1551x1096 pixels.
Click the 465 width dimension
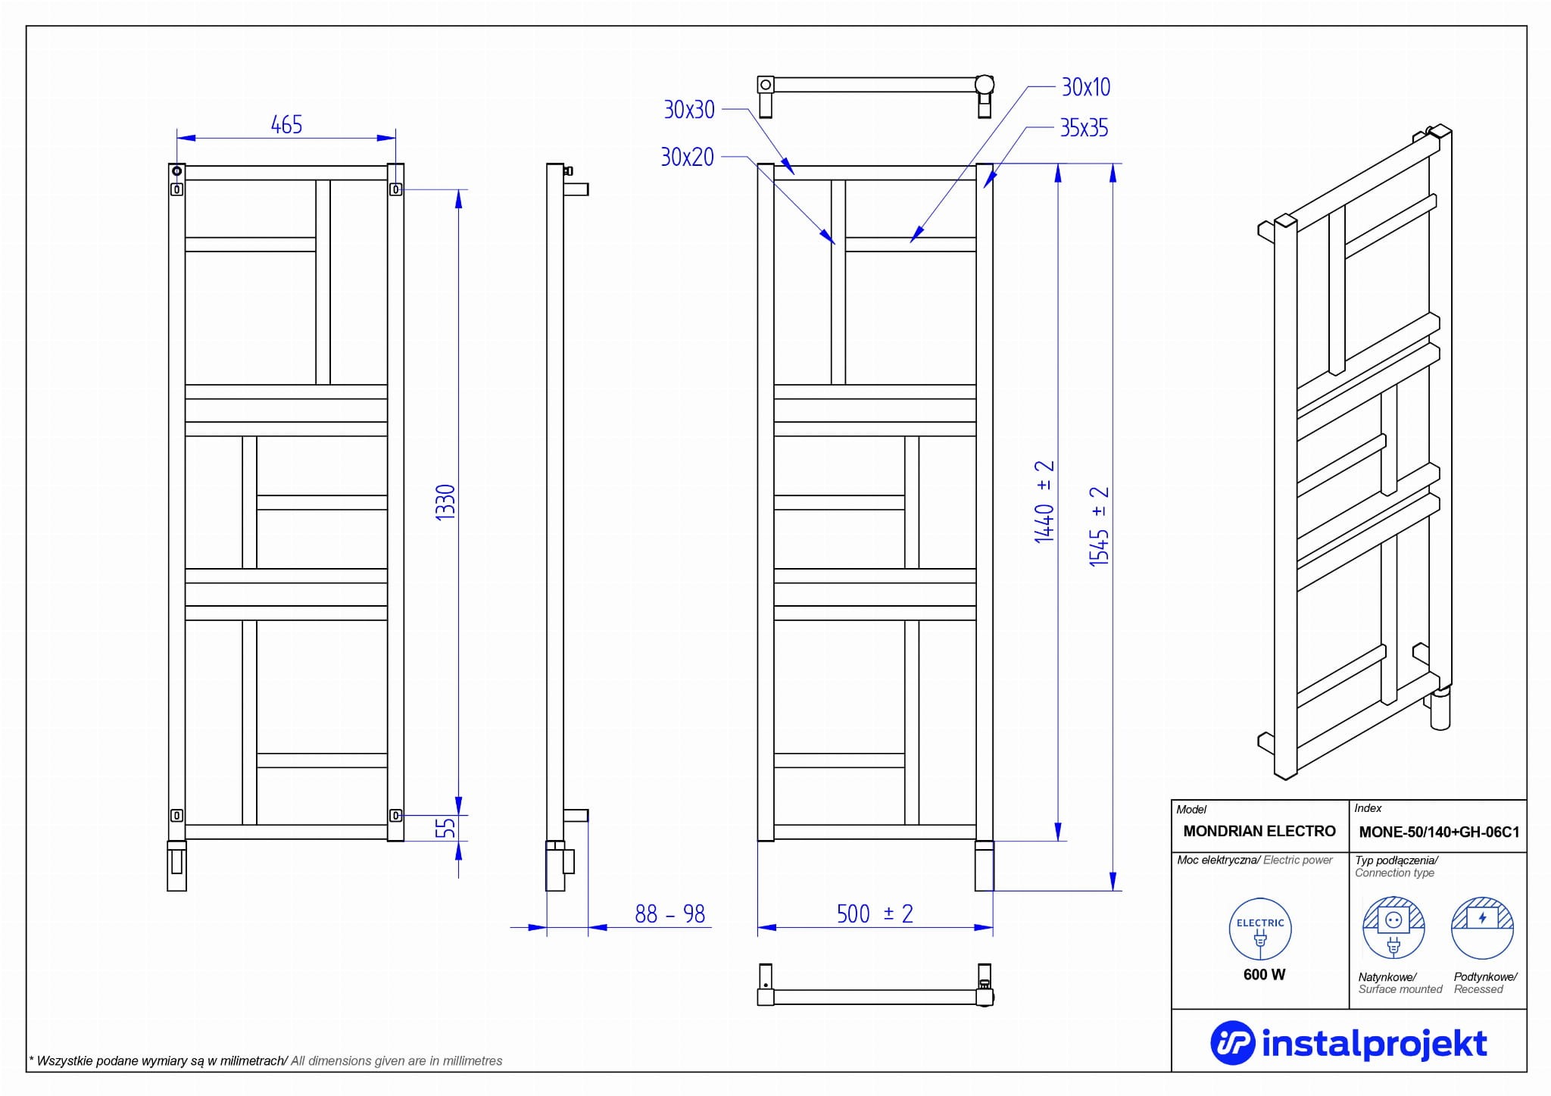286,125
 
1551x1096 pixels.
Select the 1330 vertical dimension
445,501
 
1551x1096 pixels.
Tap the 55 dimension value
447,827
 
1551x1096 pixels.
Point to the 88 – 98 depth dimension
669,914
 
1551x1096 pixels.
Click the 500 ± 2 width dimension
875,914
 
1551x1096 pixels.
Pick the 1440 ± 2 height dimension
1044,501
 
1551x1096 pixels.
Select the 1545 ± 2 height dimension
1099,526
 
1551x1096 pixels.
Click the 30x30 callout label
689,110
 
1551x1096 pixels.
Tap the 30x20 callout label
688,157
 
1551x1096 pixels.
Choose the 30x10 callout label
1086,87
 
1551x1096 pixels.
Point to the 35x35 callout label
1084,128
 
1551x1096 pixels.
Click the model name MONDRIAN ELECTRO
1259,831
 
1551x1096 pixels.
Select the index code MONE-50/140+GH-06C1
1439,832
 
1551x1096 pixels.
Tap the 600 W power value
1264,975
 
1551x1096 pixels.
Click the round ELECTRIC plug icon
1260,929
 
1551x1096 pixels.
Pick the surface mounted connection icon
1393,928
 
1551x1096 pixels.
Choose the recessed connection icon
1482,928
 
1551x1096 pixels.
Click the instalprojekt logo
1349,1044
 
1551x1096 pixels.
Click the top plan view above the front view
875,95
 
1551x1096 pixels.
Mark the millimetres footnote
266,1061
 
